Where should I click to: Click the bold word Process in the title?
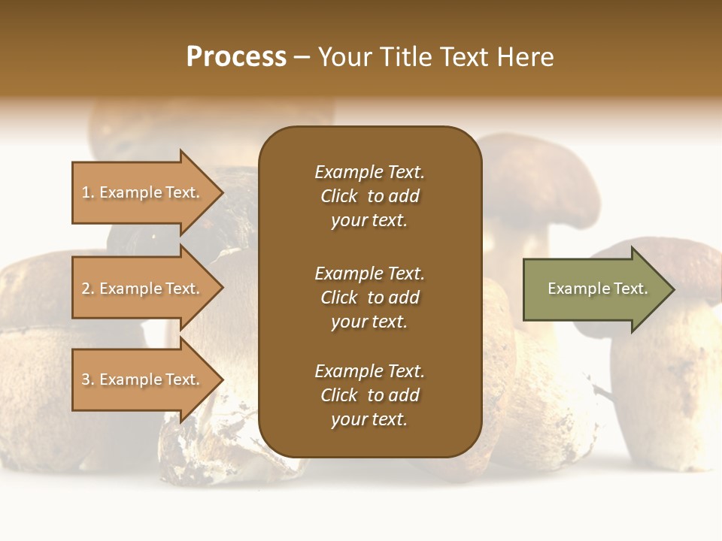pyautogui.click(x=236, y=57)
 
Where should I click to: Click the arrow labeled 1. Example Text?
pyautogui.click(x=143, y=193)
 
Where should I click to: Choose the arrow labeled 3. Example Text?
pyautogui.click(x=143, y=380)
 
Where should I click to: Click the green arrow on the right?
pyautogui.click(x=594, y=289)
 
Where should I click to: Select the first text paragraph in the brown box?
pyautogui.click(x=369, y=196)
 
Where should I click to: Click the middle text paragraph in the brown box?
pyautogui.click(x=369, y=298)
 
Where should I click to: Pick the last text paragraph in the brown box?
pyautogui.click(x=369, y=395)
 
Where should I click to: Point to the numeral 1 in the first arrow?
pyautogui.click(x=86, y=193)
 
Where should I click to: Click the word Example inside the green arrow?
pyautogui.click(x=575, y=289)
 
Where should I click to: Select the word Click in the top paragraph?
pyautogui.click(x=339, y=197)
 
